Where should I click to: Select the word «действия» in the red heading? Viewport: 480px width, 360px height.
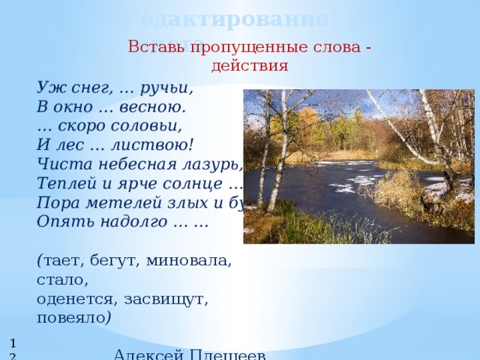pyautogui.click(x=250, y=65)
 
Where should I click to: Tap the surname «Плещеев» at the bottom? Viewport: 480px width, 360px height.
pyautogui.click(x=229, y=354)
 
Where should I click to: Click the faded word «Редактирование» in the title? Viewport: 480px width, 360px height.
pyautogui.click(x=225, y=18)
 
